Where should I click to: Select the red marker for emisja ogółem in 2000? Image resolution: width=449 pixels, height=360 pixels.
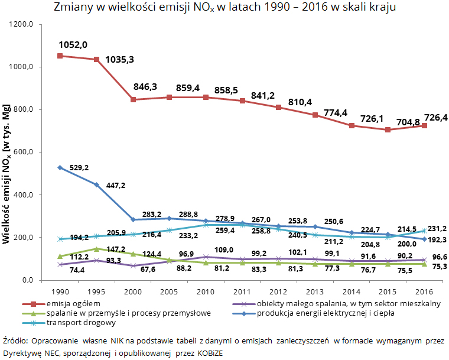coord(133,99)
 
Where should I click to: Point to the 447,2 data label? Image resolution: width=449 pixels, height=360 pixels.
coord(117,185)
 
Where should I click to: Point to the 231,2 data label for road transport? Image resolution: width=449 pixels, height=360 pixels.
coord(435,228)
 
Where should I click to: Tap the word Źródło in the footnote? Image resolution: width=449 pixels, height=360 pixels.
coord(15,341)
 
